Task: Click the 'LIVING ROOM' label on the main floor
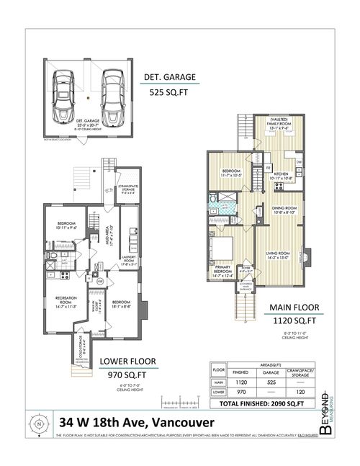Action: coord(278,254)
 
